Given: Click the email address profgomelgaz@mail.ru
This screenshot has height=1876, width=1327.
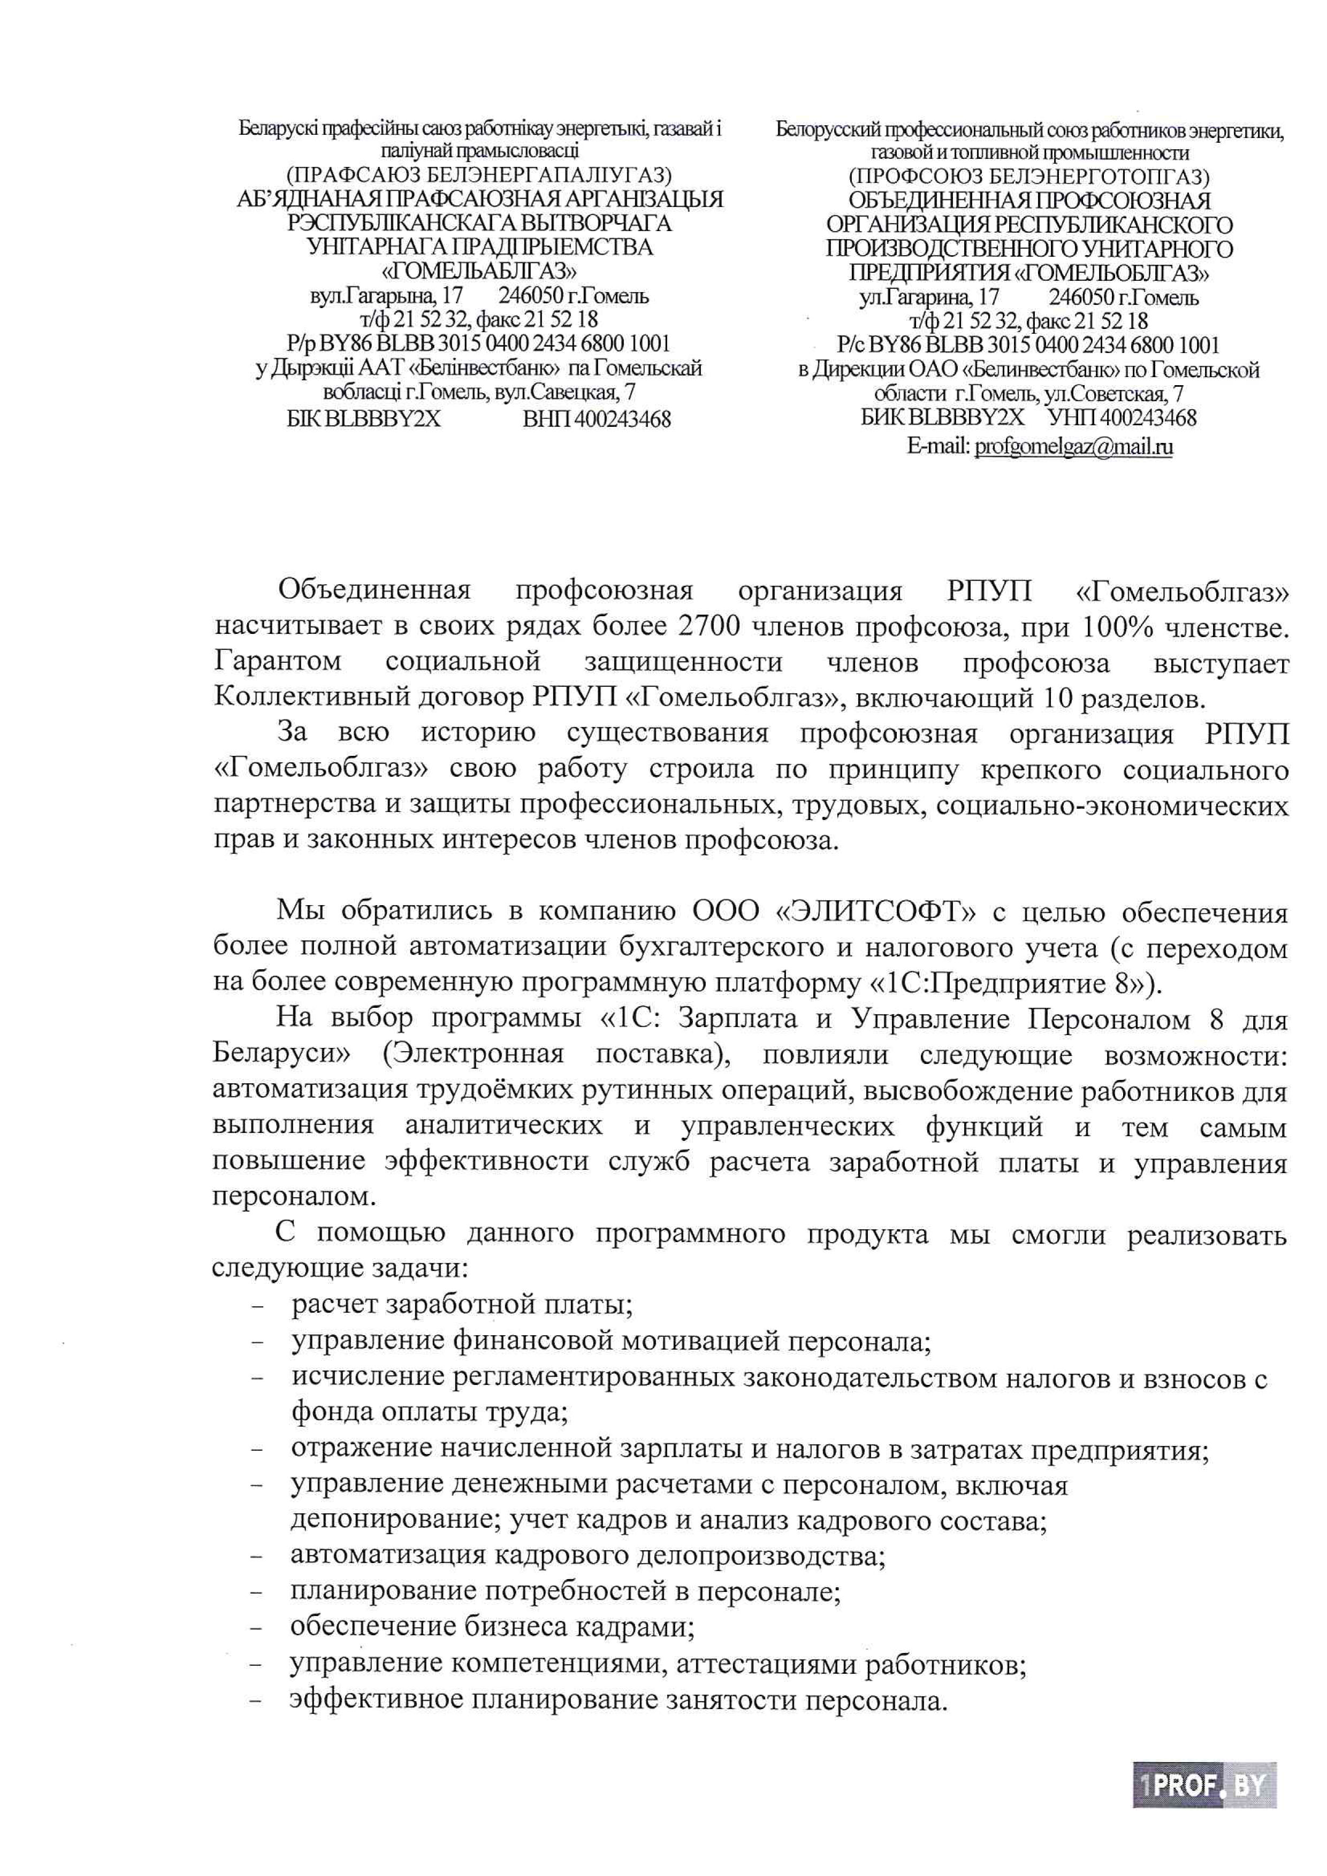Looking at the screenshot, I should point(1074,447).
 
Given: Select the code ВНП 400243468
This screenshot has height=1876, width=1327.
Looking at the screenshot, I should point(597,419).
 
